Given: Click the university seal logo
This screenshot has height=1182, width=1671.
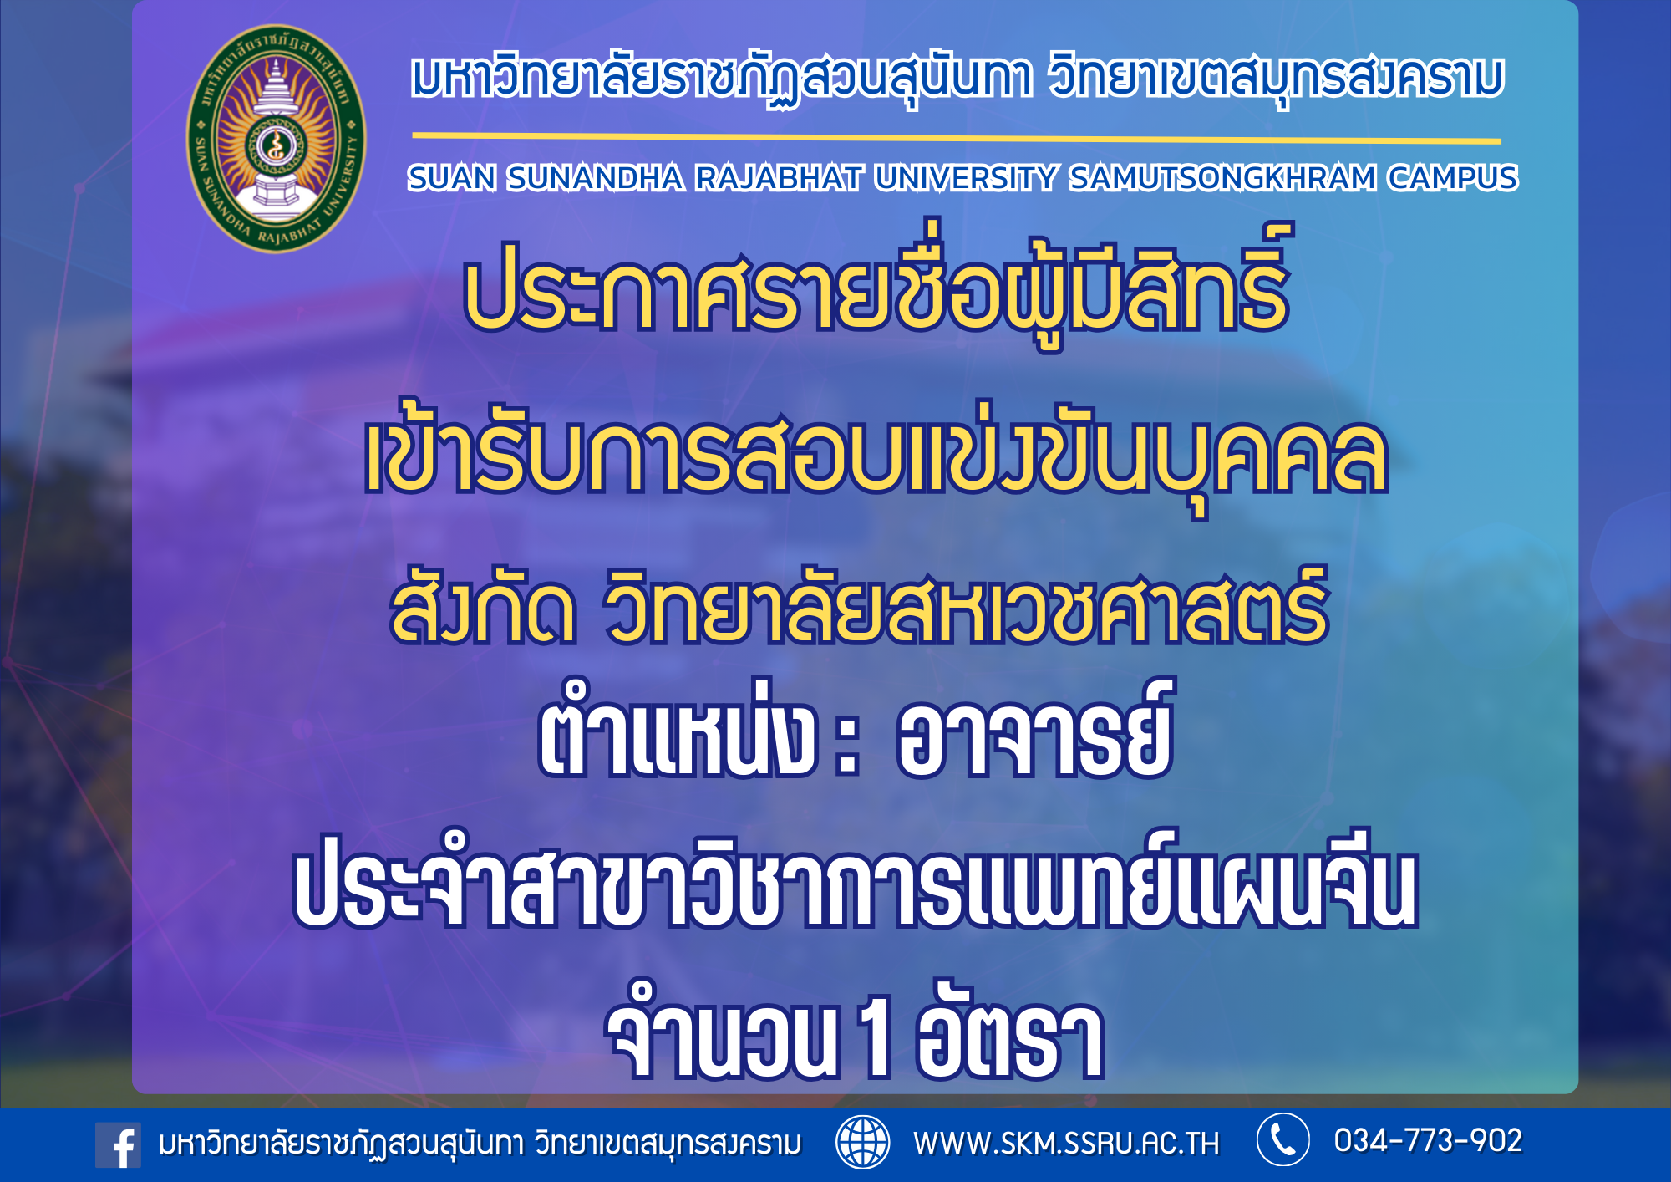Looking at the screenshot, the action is [x=276, y=138].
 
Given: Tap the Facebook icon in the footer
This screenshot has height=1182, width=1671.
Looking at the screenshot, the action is [x=118, y=1144].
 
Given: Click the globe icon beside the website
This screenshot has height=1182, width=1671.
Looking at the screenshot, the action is [x=863, y=1141].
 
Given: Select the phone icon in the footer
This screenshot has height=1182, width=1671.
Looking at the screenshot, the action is [x=1282, y=1139].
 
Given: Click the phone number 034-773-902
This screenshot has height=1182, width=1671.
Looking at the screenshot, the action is [x=1428, y=1140].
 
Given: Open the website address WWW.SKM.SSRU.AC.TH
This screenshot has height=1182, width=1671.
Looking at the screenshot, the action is [x=1066, y=1143].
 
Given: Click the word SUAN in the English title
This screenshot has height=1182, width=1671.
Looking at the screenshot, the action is [x=452, y=178].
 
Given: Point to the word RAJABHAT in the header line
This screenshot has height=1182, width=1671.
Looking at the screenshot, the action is [x=779, y=178].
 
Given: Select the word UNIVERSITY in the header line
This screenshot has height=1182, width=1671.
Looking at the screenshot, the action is [x=966, y=178].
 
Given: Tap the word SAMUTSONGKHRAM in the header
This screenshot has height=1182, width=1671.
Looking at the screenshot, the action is [x=1223, y=178].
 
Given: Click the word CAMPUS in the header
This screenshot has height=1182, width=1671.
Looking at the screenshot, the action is [x=1453, y=178].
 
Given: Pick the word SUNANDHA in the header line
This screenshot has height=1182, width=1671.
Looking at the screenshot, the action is [x=595, y=178].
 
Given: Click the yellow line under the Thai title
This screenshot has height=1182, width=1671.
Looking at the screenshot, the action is [x=957, y=138].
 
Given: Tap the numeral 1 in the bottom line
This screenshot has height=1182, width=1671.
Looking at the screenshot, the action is [x=876, y=1037].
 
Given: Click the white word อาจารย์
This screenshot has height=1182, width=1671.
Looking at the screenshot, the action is [x=1035, y=731].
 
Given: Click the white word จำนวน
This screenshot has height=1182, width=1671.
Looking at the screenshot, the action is [x=722, y=1032].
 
